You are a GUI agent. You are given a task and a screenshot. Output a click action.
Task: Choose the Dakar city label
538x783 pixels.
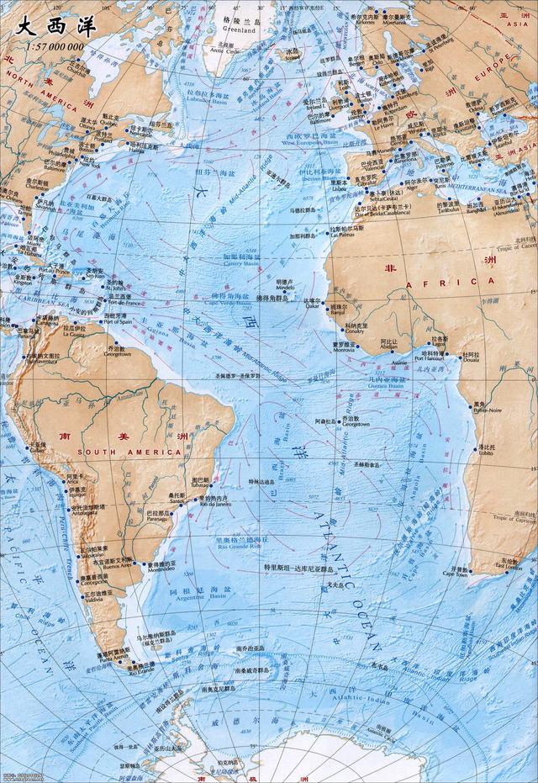[312, 308]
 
